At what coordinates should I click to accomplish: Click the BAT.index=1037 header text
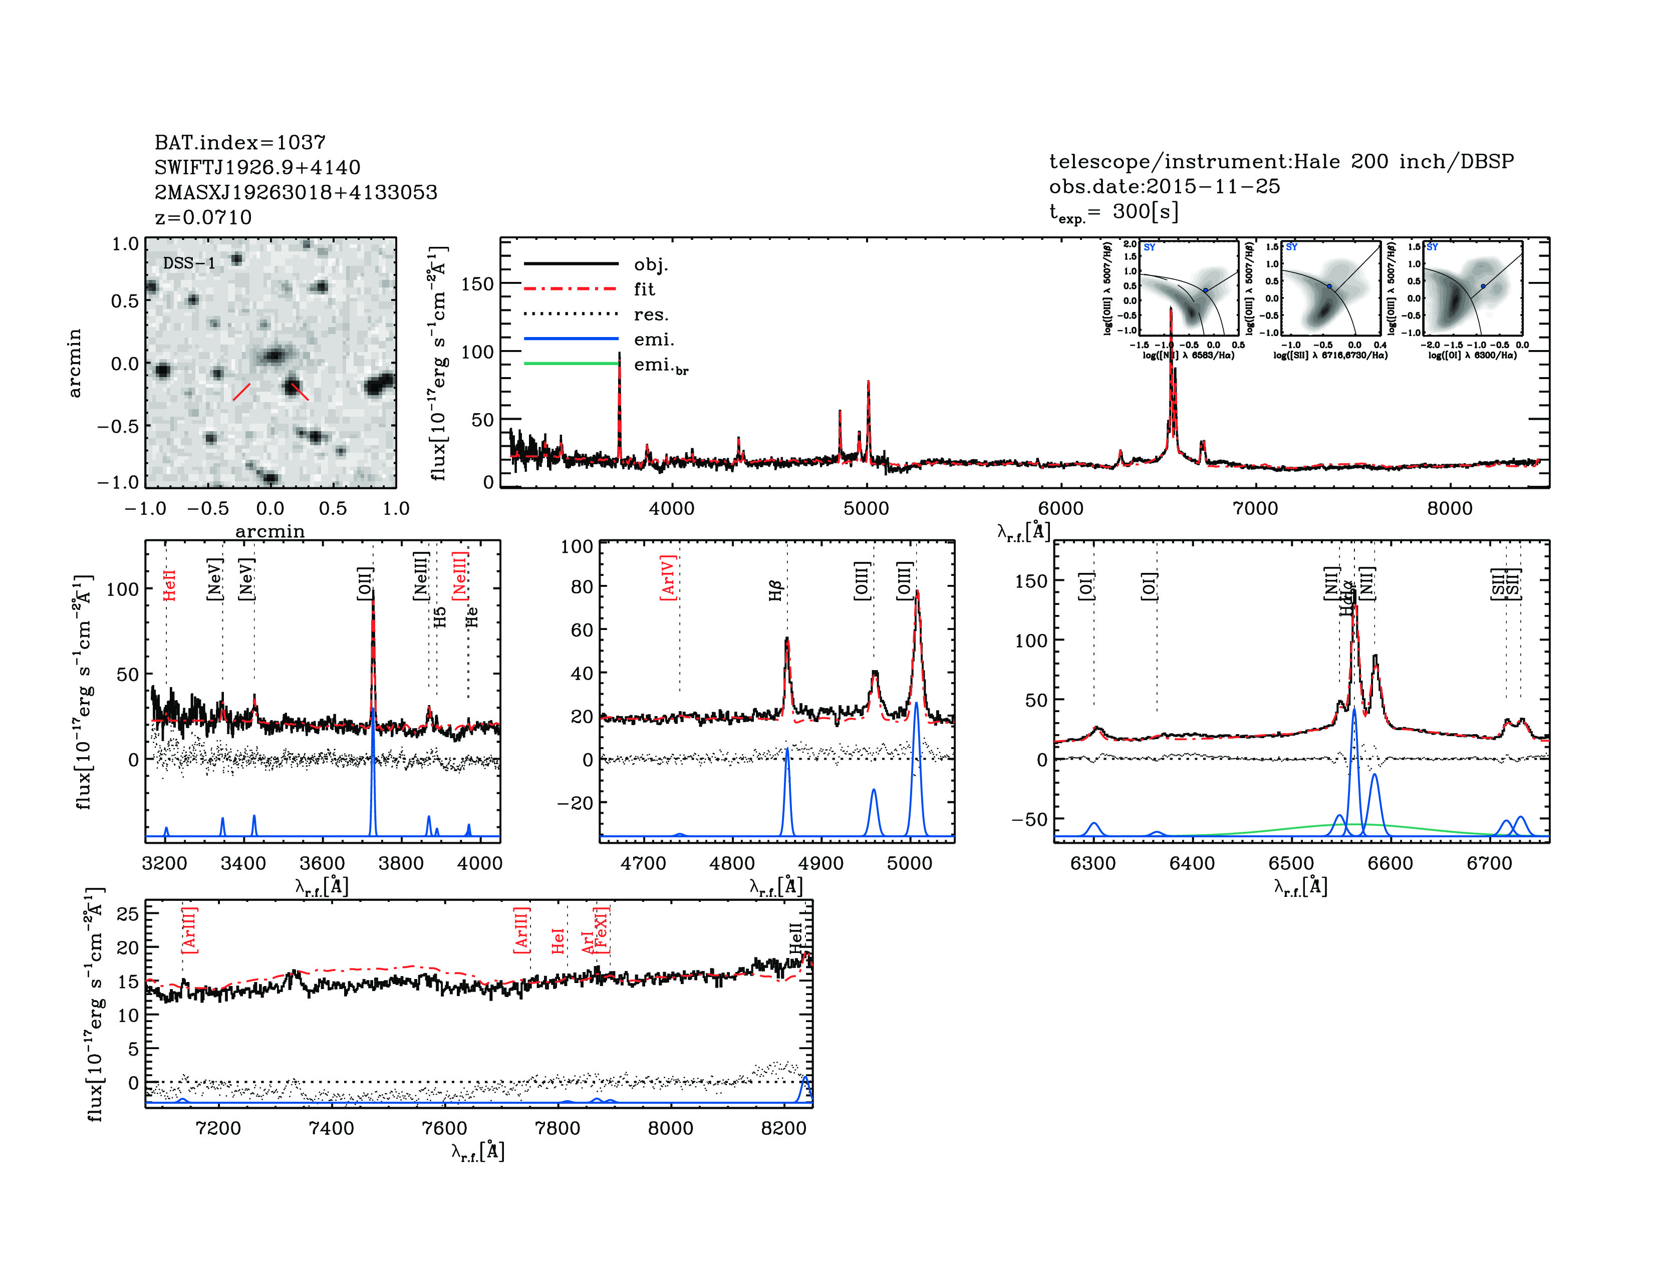[240, 142]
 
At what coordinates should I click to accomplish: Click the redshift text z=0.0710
[203, 217]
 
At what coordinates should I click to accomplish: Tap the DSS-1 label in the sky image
[189, 263]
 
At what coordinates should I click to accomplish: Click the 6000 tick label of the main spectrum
[1060, 508]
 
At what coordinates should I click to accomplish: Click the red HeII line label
[169, 585]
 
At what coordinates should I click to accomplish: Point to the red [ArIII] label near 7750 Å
[521, 930]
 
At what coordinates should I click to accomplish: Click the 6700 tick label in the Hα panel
[1489, 863]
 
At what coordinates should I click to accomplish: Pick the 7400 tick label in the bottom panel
[332, 1128]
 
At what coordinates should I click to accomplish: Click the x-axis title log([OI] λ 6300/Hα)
[1472, 355]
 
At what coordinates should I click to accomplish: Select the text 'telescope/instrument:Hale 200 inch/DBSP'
[1281, 161]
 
